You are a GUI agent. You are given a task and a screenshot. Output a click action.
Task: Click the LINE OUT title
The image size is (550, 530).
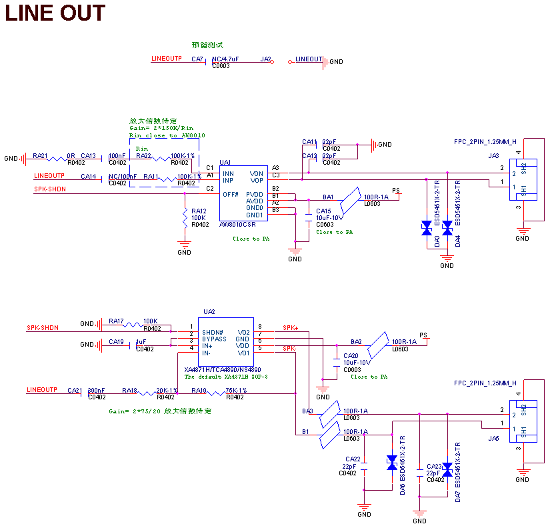pos(55,13)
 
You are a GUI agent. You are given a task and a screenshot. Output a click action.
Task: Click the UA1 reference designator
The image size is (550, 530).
pos(225,162)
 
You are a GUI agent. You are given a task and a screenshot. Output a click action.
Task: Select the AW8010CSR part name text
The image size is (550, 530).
pos(238,225)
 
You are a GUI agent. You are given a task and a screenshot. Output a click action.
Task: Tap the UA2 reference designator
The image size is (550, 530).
pos(209,312)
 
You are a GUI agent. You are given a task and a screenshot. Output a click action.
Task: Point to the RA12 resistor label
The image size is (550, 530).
pos(198,211)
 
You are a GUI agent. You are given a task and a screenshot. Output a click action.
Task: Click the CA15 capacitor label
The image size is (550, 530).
pos(323,211)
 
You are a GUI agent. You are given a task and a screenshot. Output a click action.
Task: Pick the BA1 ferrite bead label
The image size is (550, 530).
pos(328,197)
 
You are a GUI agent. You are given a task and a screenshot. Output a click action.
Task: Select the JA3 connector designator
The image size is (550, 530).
pos(493,156)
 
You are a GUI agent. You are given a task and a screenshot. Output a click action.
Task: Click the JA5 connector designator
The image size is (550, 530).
pos(493,439)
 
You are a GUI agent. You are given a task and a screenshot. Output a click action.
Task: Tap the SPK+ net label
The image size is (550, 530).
pos(291,327)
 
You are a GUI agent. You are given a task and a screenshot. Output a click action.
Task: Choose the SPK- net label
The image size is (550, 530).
pos(290,349)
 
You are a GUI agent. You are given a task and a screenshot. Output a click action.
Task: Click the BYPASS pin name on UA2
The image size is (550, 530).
pos(215,339)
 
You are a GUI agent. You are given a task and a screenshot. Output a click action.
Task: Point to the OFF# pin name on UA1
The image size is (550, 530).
pos(231,195)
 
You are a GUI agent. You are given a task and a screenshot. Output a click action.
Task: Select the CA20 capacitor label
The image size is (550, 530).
pos(351,356)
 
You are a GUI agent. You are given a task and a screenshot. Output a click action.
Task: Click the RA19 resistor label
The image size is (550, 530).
pos(199,391)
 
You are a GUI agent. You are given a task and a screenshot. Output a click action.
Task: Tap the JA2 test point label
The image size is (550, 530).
pos(266,59)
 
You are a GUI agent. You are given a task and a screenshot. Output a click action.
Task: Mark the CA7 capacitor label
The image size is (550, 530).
pos(197,59)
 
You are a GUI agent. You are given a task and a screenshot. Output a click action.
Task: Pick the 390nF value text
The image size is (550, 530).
pos(97,391)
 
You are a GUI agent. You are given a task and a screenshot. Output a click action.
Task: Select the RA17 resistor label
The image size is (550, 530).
pos(117,321)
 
